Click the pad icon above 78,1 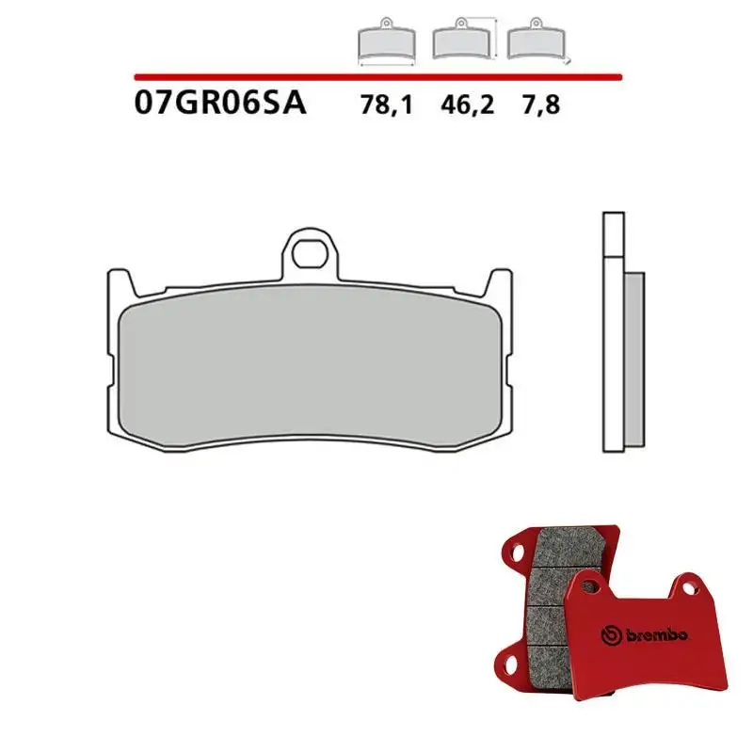pyautogui.click(x=387, y=43)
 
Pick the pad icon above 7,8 pyautogui.click(x=535, y=42)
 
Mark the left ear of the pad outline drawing pyautogui.click(x=117, y=282)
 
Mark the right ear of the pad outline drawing pyautogui.click(x=504, y=282)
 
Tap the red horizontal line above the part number pyautogui.click(x=376, y=76)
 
